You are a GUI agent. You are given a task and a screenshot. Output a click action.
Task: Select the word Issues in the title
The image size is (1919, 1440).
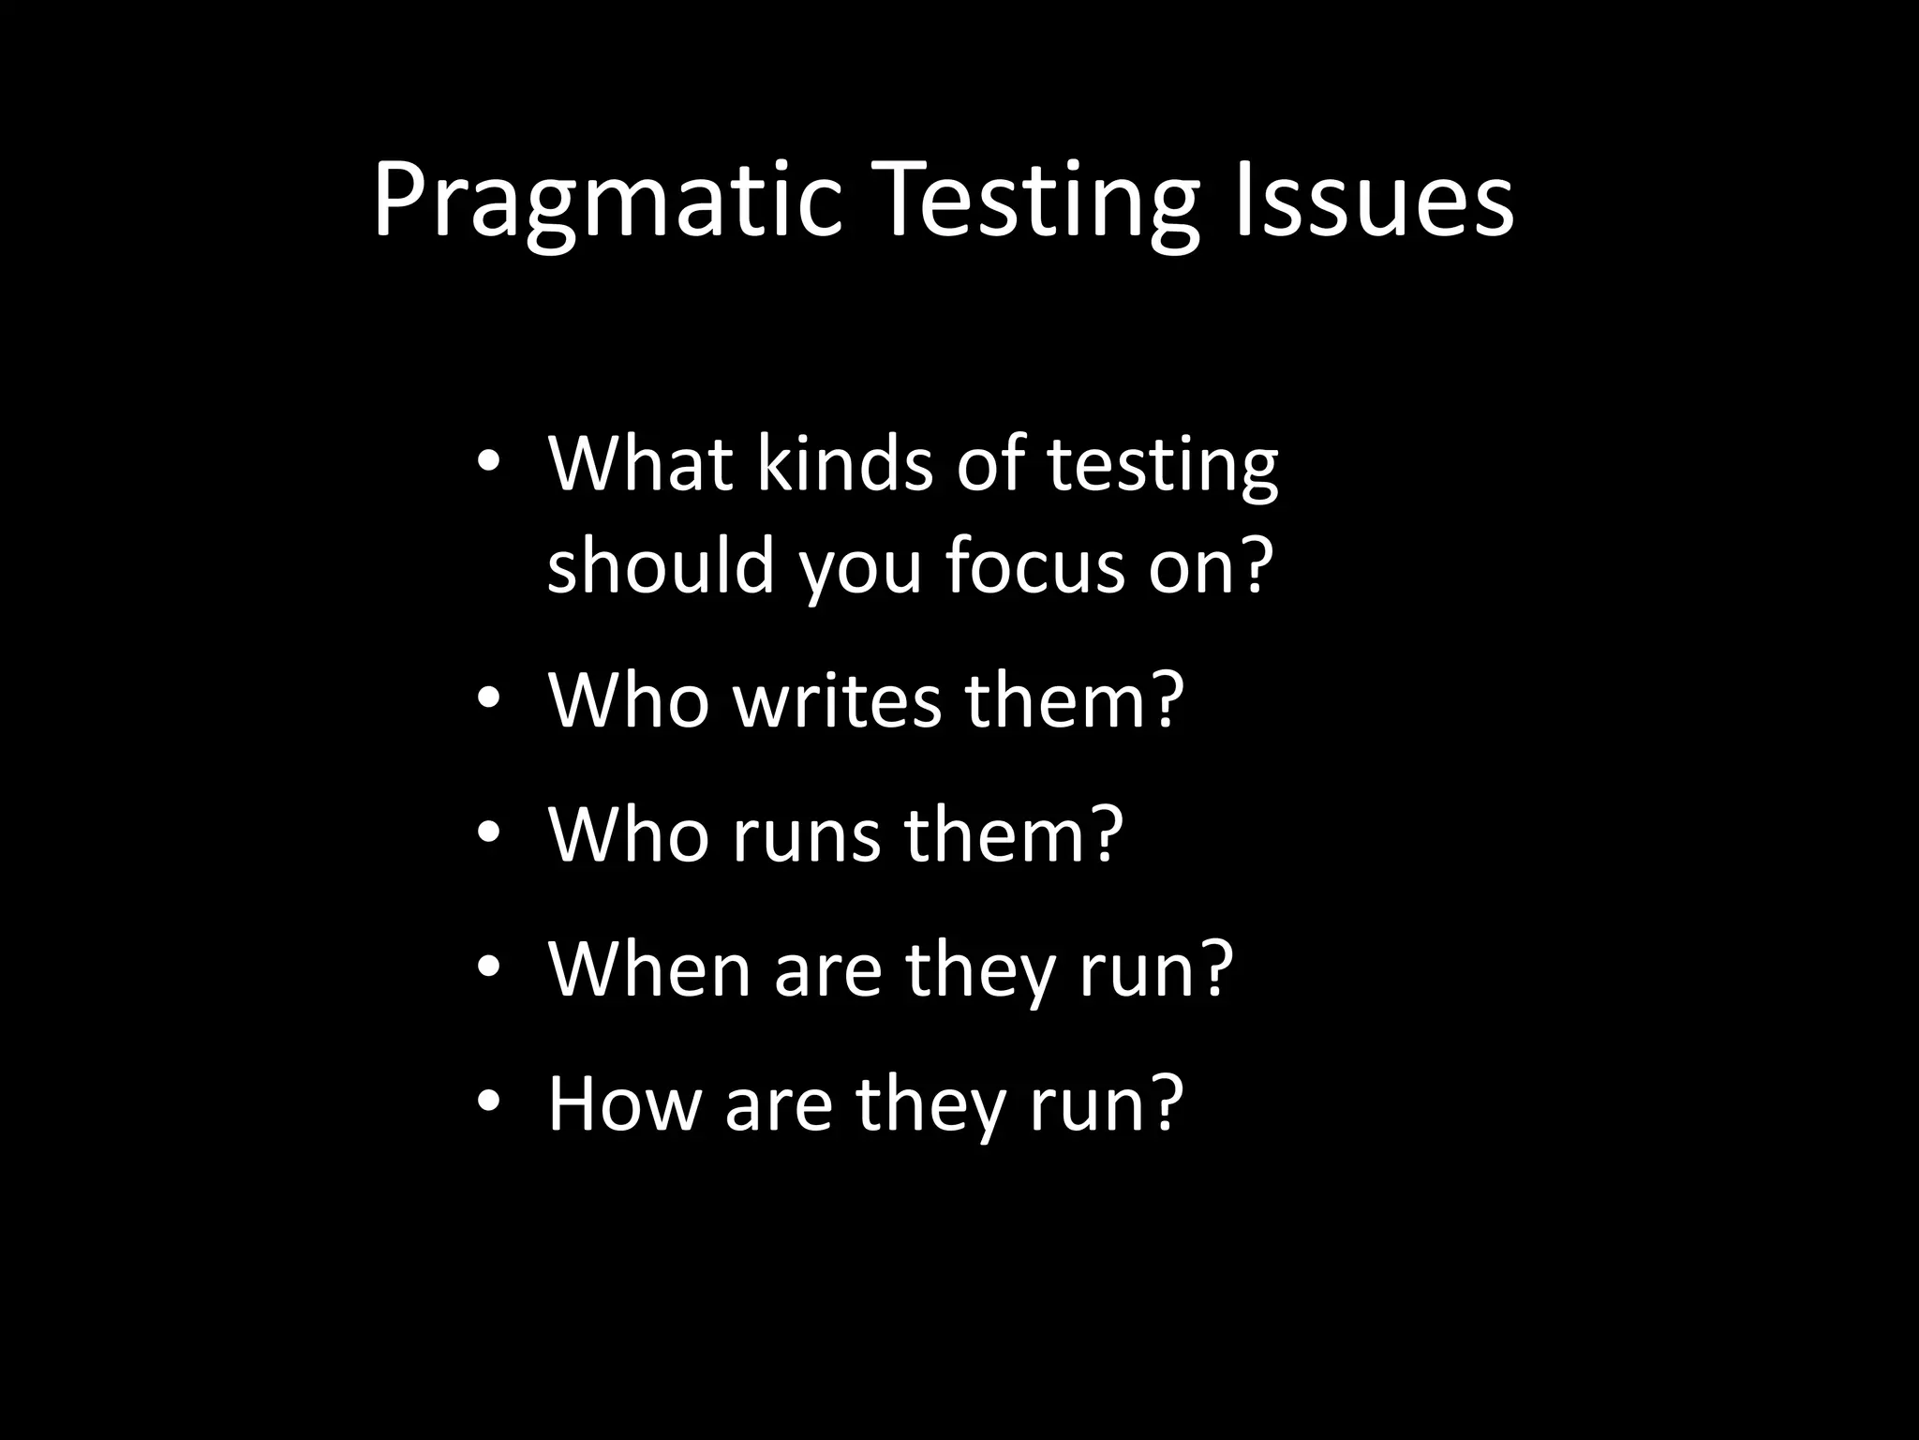1373,200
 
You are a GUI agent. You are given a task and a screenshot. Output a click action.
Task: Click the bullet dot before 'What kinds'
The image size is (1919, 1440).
488,463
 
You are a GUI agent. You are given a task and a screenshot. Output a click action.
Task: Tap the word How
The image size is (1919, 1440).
624,1103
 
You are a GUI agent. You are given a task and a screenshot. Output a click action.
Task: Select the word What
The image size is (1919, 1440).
640,463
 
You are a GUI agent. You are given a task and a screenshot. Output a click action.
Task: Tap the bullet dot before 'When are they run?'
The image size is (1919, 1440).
488,968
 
